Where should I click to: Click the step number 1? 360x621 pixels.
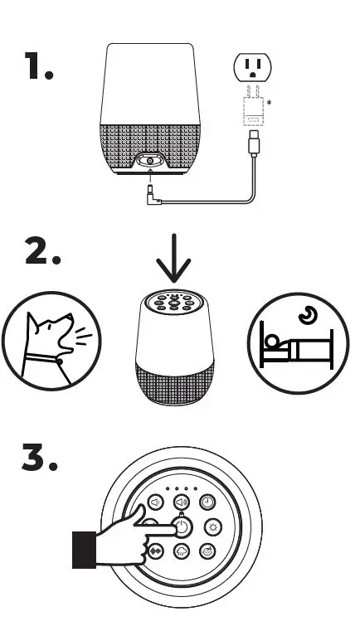[38, 67]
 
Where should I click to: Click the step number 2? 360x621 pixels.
[43, 252]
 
